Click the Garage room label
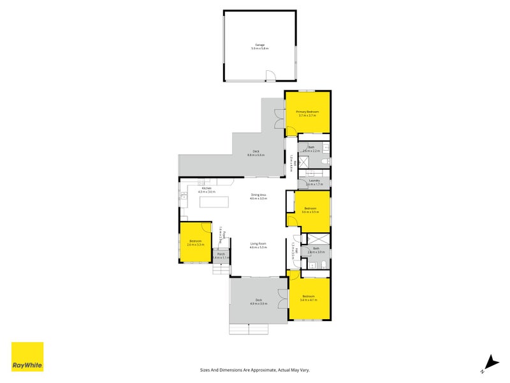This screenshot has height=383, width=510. tap(259, 45)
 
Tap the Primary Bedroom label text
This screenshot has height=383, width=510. tap(307, 112)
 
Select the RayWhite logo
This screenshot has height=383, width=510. tap(27, 357)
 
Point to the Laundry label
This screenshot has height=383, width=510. tap(315, 181)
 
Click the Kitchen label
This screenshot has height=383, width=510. tap(207, 188)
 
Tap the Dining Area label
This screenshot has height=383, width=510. tap(258, 195)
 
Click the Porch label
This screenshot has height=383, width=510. tap(221, 254)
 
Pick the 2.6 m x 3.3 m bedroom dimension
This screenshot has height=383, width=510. tap(195, 244)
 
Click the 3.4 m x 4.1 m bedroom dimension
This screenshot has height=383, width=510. tap(309, 299)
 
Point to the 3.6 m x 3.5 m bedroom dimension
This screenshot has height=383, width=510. tap(310, 212)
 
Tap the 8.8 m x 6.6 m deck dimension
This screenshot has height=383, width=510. tap(256, 155)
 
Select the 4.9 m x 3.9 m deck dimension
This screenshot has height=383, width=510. tap(259, 303)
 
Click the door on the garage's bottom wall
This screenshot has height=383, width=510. tap(271, 77)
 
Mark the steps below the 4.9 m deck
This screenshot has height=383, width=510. tap(250, 329)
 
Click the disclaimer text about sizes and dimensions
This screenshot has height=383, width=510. tap(254, 370)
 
